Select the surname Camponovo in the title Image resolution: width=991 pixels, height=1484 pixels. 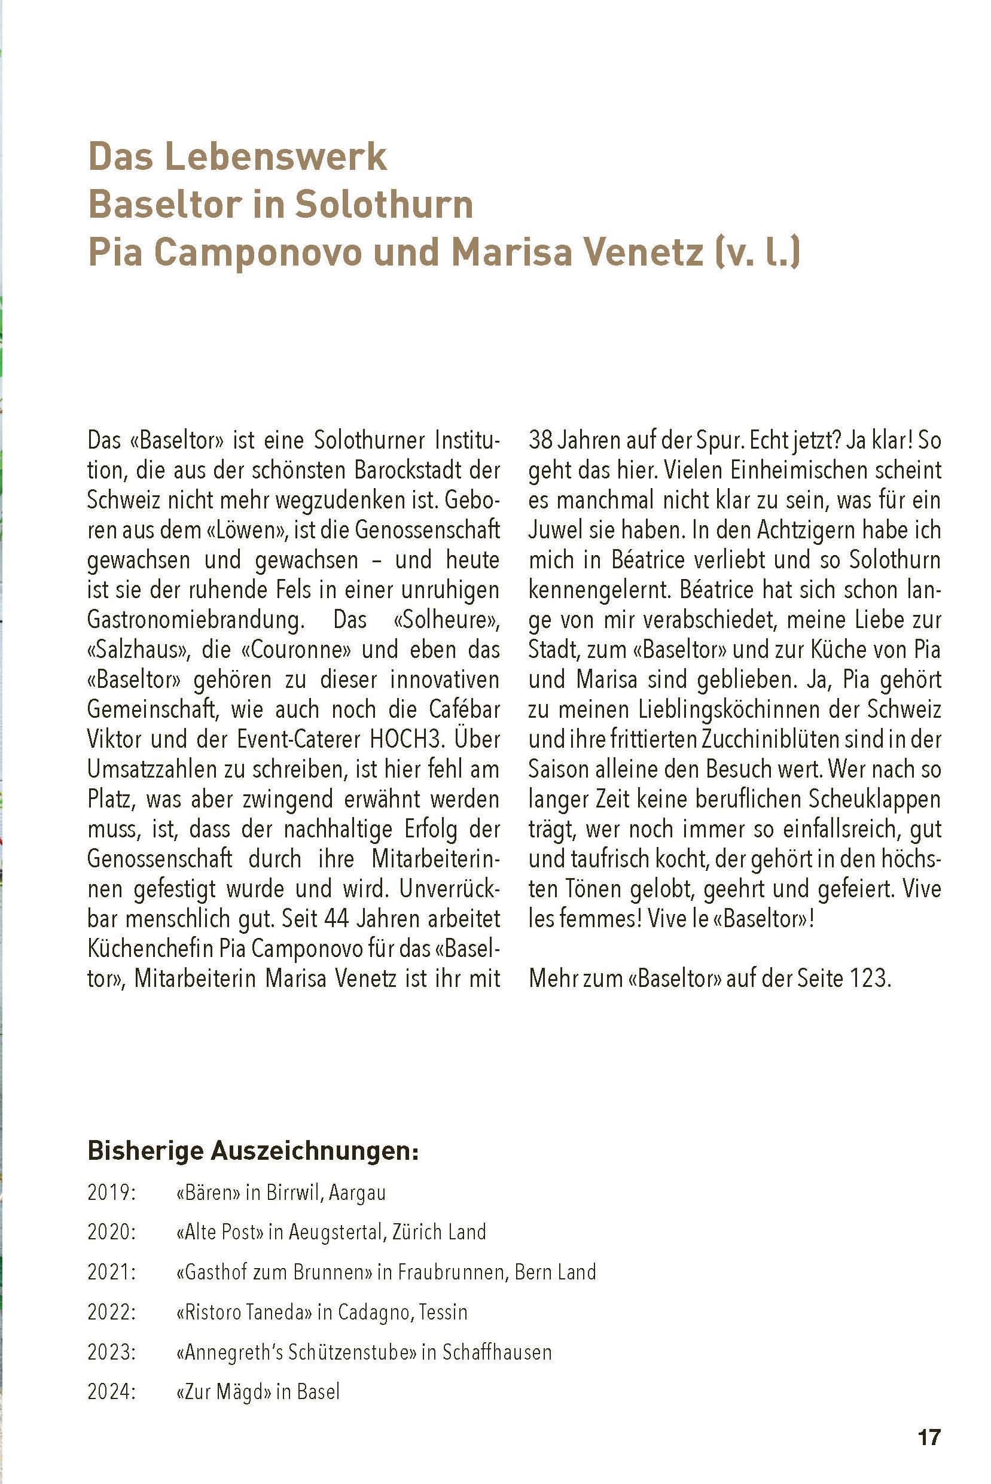point(258,252)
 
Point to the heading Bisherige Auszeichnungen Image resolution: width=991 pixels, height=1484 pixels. point(253,1151)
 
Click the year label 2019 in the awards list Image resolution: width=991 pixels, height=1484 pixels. point(112,1193)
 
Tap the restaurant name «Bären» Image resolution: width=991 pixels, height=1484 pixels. point(208,1193)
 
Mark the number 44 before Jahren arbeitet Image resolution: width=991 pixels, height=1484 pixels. point(338,918)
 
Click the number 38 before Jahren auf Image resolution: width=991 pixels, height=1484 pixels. point(541,440)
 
